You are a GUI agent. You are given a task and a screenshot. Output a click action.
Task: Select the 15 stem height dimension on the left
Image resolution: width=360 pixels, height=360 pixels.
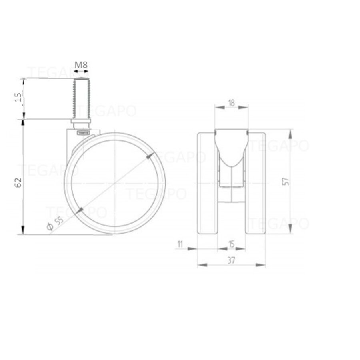point(18,98)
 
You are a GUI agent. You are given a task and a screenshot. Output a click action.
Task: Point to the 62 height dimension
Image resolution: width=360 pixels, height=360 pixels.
point(18,182)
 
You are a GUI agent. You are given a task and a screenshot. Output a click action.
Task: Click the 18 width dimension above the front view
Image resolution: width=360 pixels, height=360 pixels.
point(231,102)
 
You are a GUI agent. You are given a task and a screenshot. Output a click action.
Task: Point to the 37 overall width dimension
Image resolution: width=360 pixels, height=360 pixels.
point(231,260)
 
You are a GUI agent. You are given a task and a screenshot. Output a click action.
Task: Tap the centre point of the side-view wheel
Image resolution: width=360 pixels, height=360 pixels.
point(115,183)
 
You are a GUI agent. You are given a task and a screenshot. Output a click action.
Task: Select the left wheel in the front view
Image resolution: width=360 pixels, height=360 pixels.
point(208,182)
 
